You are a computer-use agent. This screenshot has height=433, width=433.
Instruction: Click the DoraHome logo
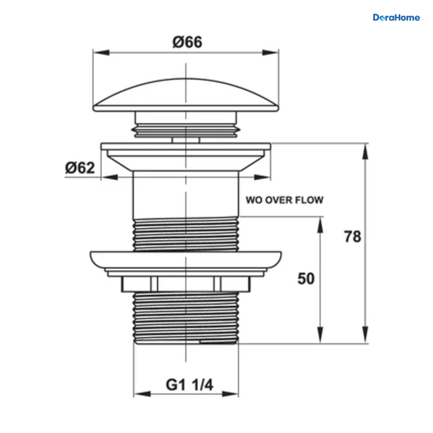(x=396, y=18)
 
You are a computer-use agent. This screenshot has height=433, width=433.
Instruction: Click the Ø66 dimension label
(x=187, y=42)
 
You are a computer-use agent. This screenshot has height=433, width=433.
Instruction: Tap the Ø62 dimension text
(x=80, y=168)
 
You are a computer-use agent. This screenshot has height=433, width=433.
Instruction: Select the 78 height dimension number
(x=352, y=237)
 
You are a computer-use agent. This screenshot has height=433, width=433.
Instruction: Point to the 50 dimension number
(x=306, y=279)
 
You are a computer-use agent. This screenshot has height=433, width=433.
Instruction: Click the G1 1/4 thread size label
(x=189, y=385)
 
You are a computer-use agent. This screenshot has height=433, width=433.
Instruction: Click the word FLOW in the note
(x=309, y=200)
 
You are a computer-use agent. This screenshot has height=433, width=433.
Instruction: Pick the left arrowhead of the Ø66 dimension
(x=101, y=53)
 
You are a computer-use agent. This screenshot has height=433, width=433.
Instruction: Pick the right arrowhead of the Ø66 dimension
(x=270, y=53)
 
